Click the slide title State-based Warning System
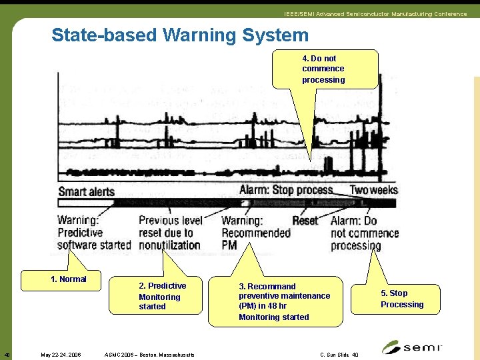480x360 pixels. click(x=180, y=35)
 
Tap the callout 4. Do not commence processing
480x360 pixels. click(x=324, y=69)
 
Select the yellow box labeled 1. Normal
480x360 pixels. click(x=69, y=279)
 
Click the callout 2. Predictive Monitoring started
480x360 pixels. click(x=162, y=296)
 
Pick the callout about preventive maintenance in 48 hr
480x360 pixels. click(x=285, y=301)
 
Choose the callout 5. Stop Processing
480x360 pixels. click(x=402, y=299)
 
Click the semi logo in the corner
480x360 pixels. click(x=411, y=347)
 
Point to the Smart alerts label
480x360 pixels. click(x=87, y=191)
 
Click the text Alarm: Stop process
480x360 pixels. click(x=286, y=190)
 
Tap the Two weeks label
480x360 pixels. click(x=374, y=190)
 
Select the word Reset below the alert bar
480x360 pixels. click(x=305, y=220)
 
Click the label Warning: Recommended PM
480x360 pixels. click(x=255, y=233)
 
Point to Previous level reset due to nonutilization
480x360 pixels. click(x=169, y=233)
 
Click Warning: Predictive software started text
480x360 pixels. click(x=93, y=233)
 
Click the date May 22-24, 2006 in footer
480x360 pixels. click(x=61, y=355)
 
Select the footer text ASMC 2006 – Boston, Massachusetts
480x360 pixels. click(x=150, y=355)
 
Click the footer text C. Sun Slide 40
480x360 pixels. click(x=339, y=355)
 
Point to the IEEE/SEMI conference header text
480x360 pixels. click(x=375, y=14)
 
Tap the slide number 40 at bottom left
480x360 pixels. click(x=7, y=355)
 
